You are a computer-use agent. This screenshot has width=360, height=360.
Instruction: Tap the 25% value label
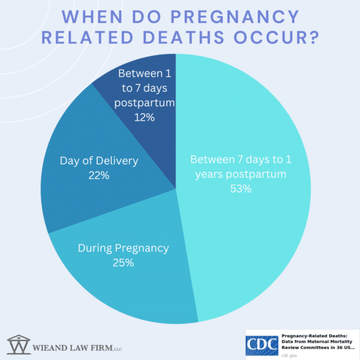coord(123,263)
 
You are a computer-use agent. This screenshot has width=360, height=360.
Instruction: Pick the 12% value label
coord(145,117)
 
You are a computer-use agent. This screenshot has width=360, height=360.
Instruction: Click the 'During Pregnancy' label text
coord(123,248)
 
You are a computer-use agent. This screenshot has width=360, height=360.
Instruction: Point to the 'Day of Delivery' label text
coord(99,161)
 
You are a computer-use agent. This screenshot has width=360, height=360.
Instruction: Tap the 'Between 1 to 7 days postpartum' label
coord(145,88)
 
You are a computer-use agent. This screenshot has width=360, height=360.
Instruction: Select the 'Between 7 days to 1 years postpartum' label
coord(240,166)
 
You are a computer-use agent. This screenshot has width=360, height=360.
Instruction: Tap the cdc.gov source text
coord(289,355)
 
